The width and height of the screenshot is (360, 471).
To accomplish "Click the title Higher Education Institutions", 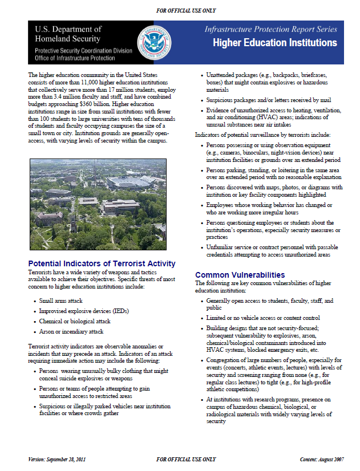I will pyautogui.click(x=274, y=43).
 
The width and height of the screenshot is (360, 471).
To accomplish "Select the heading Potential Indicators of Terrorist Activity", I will pyautogui.click(x=102, y=264).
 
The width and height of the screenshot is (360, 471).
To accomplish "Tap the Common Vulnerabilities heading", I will pyautogui.click(x=240, y=275).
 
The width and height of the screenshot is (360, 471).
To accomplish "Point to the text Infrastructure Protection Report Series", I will pyautogui.click(x=270, y=29).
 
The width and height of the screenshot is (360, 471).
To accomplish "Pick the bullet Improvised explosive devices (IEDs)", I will pyautogui.click(x=83, y=311).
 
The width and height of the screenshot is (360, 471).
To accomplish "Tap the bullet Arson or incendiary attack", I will pyautogui.click(x=71, y=332).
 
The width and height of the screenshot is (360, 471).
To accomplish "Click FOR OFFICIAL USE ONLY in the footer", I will pyautogui.click(x=187, y=460).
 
